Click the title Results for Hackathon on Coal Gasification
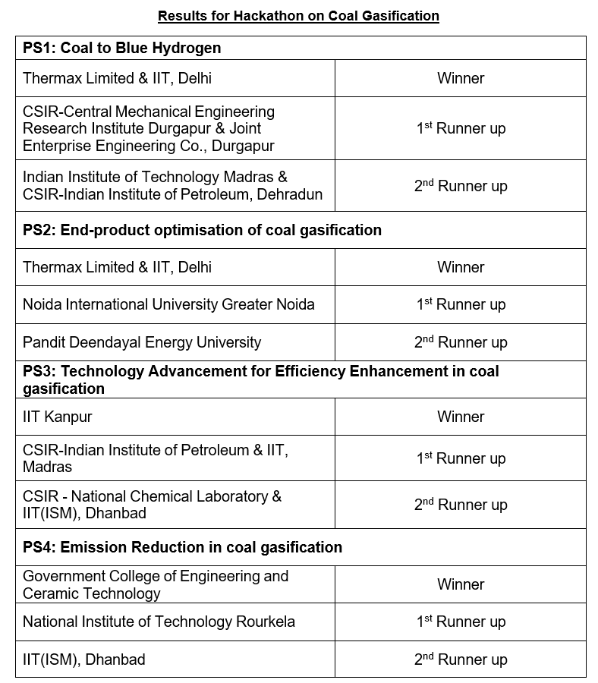(x=298, y=15)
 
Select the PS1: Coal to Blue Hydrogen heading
(x=122, y=48)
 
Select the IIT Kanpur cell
(x=58, y=417)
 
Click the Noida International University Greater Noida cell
(x=168, y=304)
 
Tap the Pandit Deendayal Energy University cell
(x=142, y=342)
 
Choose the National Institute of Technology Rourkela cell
(x=159, y=622)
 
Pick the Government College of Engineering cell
(x=156, y=584)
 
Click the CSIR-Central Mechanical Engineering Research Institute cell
(x=149, y=128)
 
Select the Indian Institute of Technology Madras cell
(x=172, y=186)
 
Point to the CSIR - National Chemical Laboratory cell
(x=152, y=505)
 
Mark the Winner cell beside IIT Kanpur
(x=461, y=417)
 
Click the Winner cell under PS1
(x=461, y=78)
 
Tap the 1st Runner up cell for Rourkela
(x=461, y=622)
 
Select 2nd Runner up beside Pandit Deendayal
(x=461, y=342)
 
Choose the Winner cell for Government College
(x=461, y=584)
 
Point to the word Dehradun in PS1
(x=291, y=194)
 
